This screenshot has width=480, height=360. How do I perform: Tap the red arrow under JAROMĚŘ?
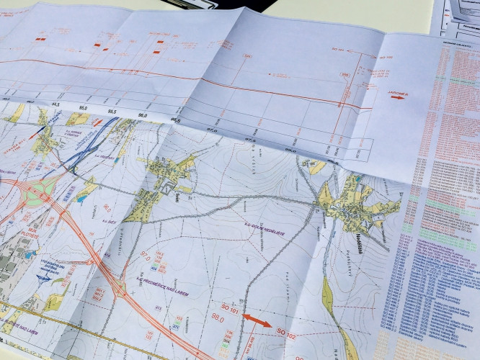pyautogui.click(x=397, y=97)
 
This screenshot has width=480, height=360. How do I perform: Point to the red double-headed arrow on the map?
pyautogui.click(x=257, y=320)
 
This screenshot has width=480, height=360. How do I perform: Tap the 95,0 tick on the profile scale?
pyautogui.click(x=81, y=110)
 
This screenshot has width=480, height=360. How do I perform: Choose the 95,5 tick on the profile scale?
pyautogui.click(x=111, y=112)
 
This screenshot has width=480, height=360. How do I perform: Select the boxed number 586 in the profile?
pyautogui.click(x=249, y=55)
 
